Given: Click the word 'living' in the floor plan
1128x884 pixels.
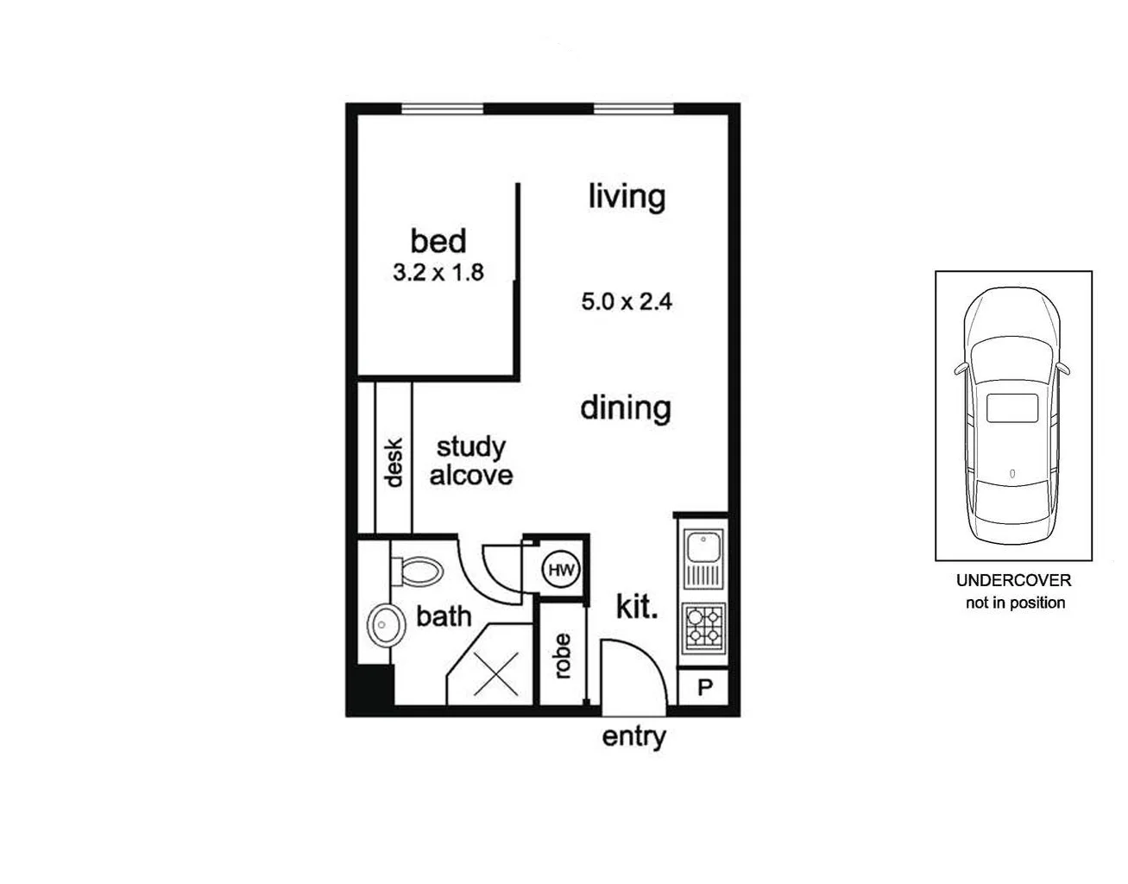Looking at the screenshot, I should pos(627,196).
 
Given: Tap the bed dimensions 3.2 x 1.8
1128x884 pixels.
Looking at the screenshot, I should pos(438,273).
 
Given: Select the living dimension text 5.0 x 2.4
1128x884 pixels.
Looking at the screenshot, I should pos(626,302).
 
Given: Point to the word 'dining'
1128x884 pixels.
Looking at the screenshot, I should pos(625,407).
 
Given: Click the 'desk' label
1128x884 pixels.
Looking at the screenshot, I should pos(394,463).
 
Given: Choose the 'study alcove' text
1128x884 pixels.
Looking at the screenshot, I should pos(470,461).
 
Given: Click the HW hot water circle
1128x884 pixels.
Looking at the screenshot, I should pos(562,570).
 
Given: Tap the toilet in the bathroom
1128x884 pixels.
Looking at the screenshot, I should pos(418,570).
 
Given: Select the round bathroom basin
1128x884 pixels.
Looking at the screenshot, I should pos(386,624).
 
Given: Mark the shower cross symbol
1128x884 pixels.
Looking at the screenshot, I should pos(496,673).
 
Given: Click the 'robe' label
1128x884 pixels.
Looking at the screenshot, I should pos(563,656).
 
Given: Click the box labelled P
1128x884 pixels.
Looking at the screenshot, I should pos(704,688).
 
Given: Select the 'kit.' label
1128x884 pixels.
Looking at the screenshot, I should pos(637,607).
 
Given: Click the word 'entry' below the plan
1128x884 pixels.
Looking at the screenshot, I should pos(633,737).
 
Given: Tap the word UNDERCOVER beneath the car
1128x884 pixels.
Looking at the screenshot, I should pos(1013,581).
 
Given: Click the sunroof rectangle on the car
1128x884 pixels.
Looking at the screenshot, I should pos(1012,407).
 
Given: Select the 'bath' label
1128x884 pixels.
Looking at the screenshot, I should pos(444,616).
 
